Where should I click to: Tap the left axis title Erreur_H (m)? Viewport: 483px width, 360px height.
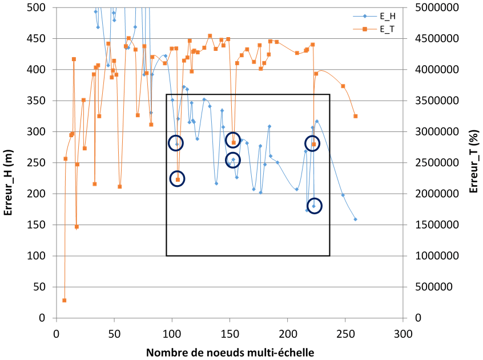(x=9, y=162)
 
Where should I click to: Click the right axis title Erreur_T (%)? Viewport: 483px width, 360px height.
(x=473, y=162)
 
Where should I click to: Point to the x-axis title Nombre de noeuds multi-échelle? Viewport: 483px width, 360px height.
(x=230, y=351)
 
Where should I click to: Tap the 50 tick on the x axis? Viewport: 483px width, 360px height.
(x=114, y=333)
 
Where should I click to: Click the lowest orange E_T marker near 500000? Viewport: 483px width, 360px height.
(x=65, y=300)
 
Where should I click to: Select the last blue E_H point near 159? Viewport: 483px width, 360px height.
(x=355, y=219)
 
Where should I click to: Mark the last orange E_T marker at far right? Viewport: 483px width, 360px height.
(x=355, y=116)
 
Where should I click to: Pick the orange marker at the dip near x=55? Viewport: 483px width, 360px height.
(x=119, y=186)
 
